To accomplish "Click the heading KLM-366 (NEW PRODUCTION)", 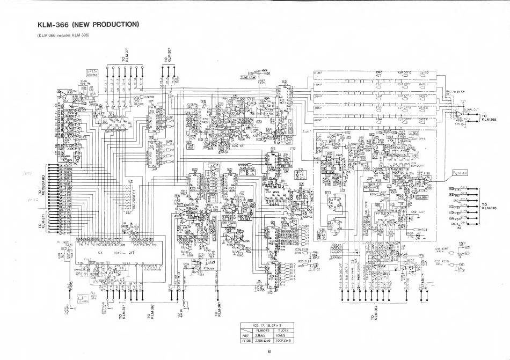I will [88, 24].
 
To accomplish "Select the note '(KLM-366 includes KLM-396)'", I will [63, 35].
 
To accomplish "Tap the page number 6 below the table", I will [272, 352].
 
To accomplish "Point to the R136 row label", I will [247, 340].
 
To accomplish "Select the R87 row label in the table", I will [247, 335].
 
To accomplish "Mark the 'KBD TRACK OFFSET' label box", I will [245, 218].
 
